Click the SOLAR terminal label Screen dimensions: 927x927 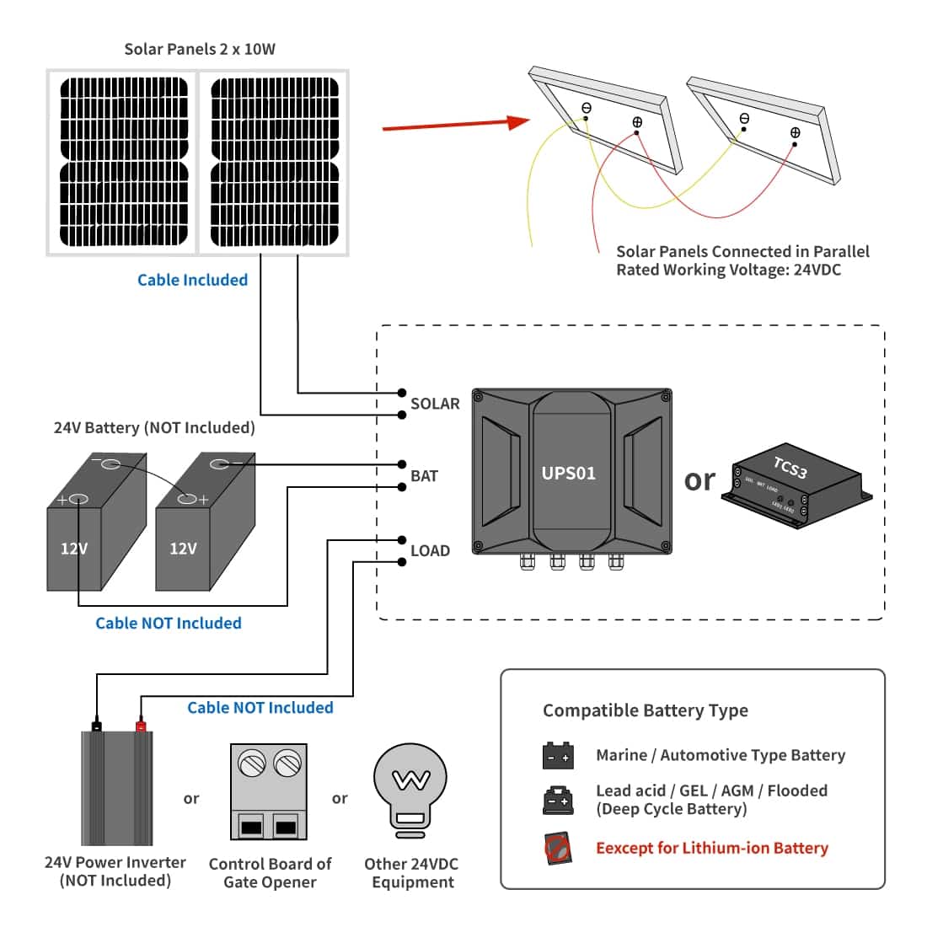pos(435,404)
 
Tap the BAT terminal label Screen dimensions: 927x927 pos(424,476)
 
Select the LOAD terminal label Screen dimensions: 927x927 pos(430,551)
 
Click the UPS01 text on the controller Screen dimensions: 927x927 pos(569,473)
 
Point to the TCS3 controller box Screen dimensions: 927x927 pos(797,489)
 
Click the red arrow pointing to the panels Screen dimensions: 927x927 pos(455,125)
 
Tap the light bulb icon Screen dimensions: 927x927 pos(410,789)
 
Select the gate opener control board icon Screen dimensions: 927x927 pos(269,791)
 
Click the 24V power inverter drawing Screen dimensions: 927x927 pos(117,785)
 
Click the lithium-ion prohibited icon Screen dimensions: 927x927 pos(557,848)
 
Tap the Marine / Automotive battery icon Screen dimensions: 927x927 pos(558,756)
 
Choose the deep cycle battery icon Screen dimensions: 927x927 pos(558,799)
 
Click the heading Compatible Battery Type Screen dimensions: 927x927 pos(645,710)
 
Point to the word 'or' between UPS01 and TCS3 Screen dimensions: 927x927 pos(699,480)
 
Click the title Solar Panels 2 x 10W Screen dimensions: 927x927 pos(200,49)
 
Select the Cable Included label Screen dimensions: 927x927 pos(192,280)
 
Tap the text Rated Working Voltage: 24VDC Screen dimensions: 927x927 pos(728,270)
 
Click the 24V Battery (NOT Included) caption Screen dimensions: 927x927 pos(154,427)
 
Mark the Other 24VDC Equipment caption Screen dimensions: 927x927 pos(412,873)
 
